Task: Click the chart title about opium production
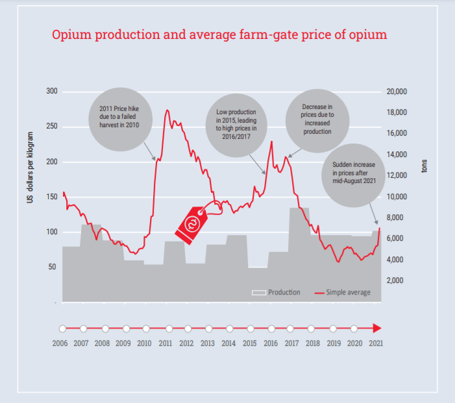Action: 219,34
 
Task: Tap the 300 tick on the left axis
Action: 52,92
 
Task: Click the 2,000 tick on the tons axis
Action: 397,280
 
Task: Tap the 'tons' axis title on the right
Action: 425,167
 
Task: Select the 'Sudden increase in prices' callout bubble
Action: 353,173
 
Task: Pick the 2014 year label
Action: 228,343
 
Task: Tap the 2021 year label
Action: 375,343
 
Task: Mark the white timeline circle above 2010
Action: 146,328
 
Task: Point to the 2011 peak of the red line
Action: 167,110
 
